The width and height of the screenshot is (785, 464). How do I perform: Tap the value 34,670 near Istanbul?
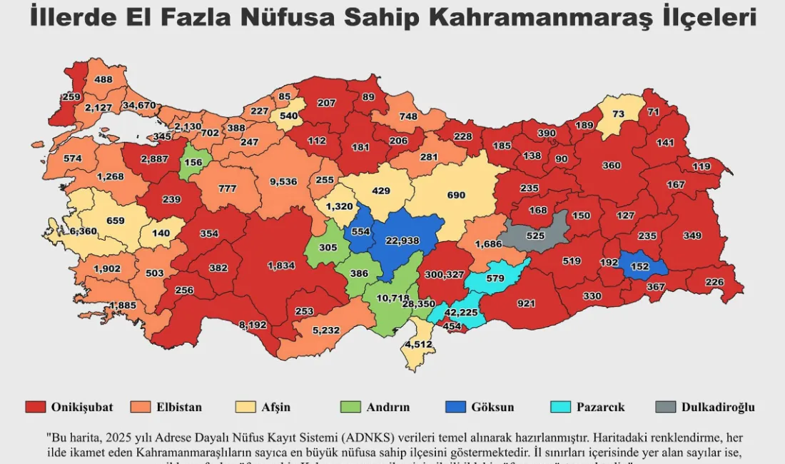(138, 105)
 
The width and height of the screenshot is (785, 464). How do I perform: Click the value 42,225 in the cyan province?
(461, 312)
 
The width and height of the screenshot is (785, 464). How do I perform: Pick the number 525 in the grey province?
(535, 235)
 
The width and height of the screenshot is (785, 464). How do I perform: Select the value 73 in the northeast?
(618, 114)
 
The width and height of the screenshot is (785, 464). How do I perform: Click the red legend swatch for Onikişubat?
(36, 407)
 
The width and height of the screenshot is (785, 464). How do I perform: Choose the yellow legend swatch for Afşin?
(245, 407)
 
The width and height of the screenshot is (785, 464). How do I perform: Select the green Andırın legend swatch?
(350, 407)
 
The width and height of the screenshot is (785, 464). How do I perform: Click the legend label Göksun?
(492, 408)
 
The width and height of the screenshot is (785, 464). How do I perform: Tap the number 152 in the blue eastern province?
(639, 266)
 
